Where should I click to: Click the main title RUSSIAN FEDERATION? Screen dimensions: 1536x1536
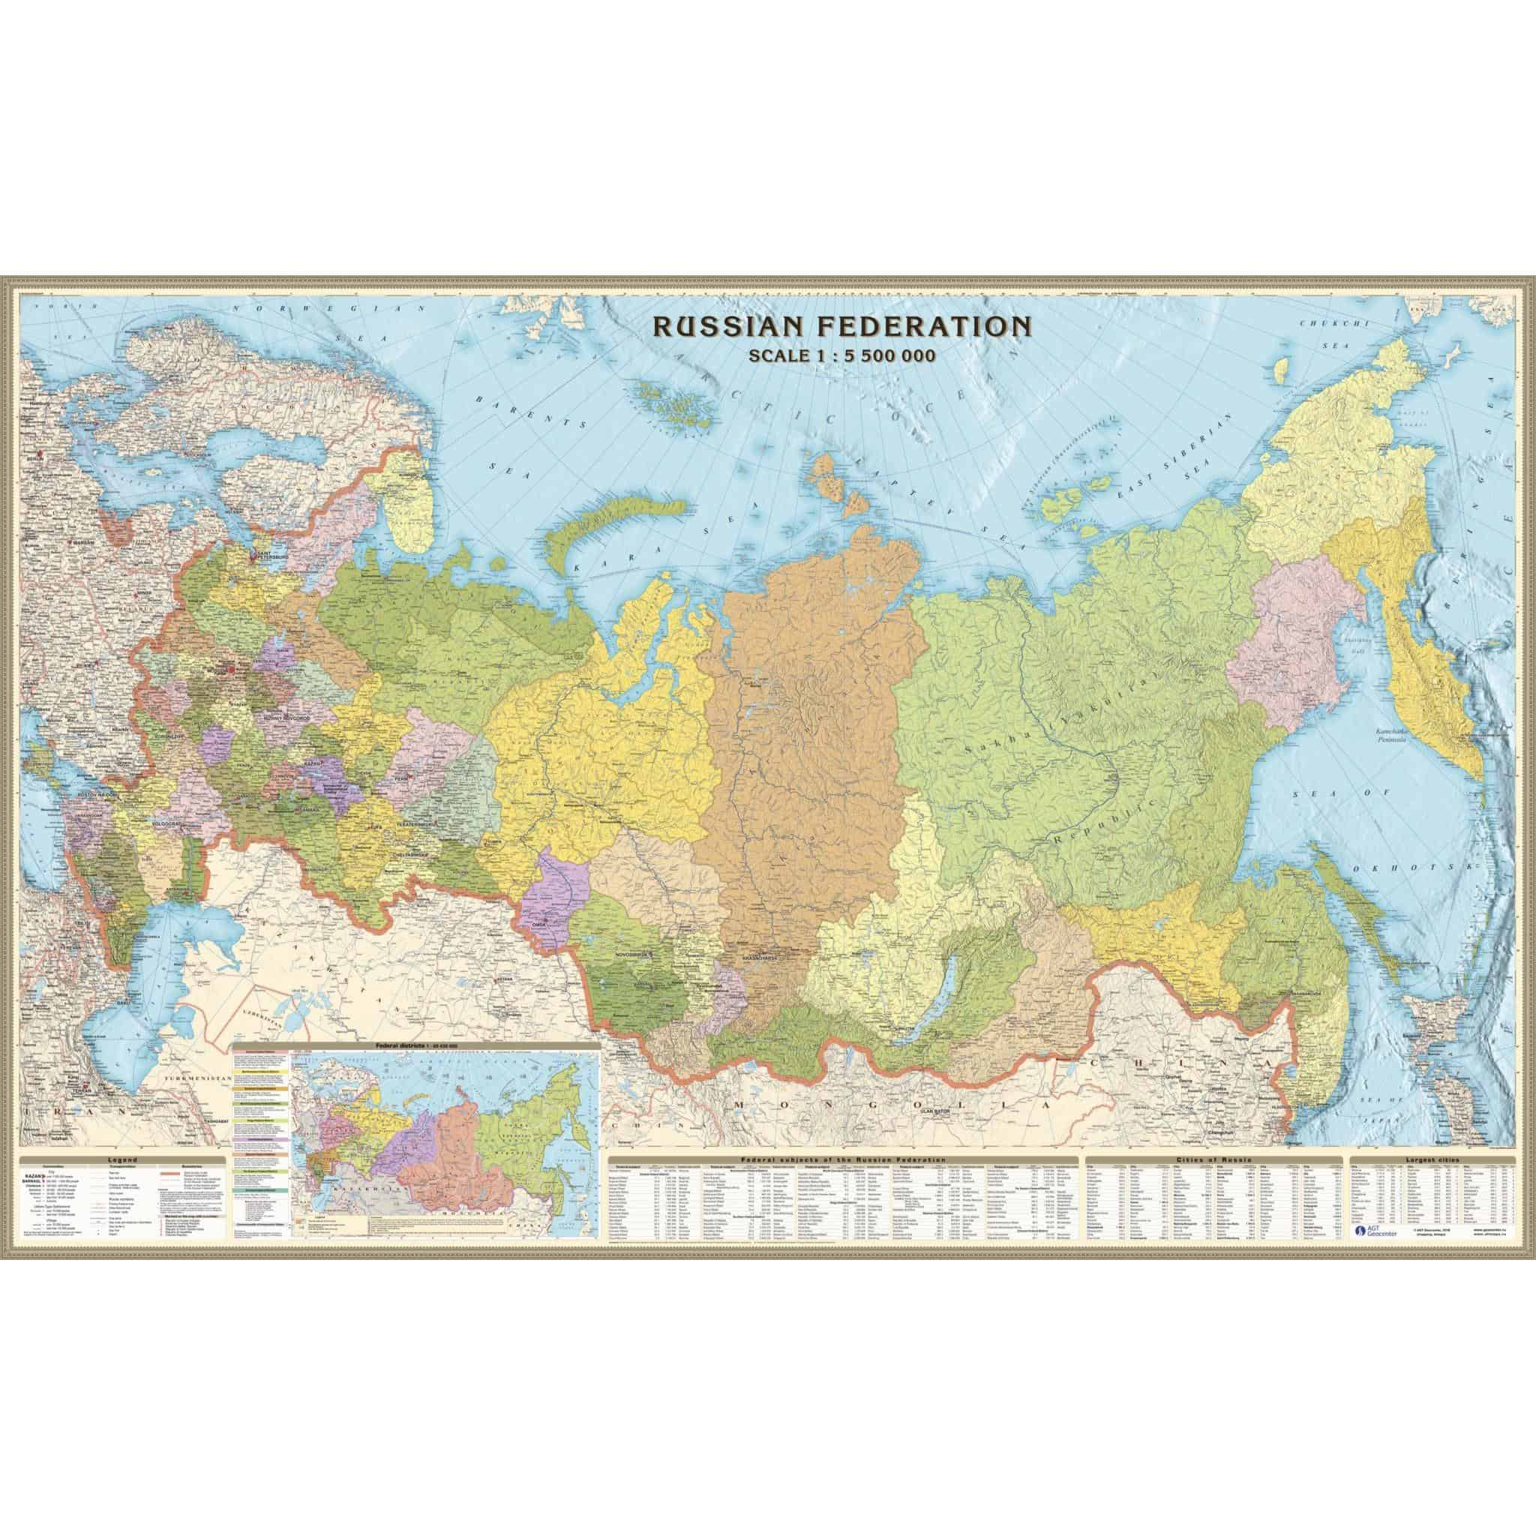[x=841, y=347]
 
